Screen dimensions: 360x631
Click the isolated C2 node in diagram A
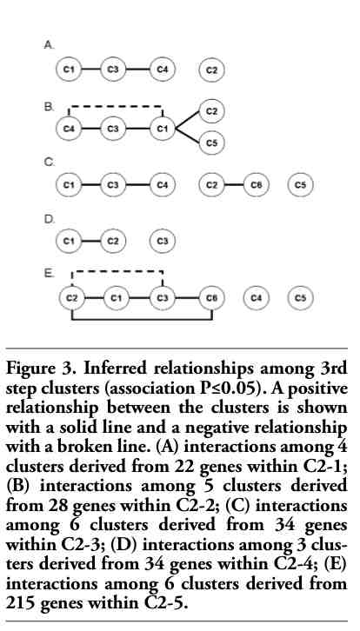212,70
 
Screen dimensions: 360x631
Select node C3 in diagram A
113,70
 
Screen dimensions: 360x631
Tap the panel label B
49,107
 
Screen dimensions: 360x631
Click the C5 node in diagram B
212,142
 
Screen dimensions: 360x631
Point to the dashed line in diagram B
116,107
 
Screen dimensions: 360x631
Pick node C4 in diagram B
70,129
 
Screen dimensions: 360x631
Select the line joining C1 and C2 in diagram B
188,120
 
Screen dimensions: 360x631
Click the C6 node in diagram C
257,185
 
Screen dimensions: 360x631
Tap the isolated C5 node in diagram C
301,185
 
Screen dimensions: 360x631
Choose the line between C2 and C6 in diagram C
234,185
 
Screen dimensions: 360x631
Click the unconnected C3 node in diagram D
163,241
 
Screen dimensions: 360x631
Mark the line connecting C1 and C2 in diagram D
91,241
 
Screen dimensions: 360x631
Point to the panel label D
49,220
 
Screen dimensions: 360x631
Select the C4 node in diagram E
257,298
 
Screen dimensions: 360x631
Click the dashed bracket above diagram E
117,271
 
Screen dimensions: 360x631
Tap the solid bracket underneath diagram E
142,320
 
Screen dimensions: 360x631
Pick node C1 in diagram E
116,298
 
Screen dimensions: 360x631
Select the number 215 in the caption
20,603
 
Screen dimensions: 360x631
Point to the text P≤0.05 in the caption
238,389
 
